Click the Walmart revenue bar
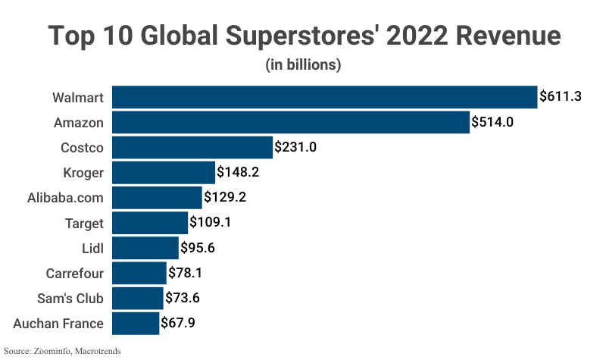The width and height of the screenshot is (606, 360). [x=324, y=97]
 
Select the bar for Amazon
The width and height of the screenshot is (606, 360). [x=291, y=122]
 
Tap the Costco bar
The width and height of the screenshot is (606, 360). [x=192, y=147]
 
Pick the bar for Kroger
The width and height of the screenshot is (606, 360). [x=164, y=172]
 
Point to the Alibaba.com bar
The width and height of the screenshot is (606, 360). [x=158, y=198]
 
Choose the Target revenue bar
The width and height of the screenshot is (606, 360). [x=150, y=223]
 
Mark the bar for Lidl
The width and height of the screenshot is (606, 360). [x=145, y=248]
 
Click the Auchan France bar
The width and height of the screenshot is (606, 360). [x=136, y=324]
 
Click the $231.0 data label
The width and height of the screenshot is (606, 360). [x=295, y=147]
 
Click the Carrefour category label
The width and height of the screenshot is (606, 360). [x=73, y=273]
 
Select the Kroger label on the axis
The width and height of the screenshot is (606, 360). [x=83, y=172]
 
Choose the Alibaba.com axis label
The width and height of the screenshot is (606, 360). [x=64, y=198]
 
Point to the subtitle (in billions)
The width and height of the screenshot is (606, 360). [x=303, y=65]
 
